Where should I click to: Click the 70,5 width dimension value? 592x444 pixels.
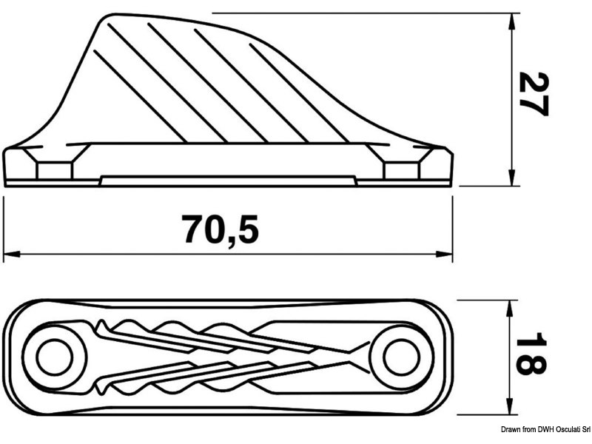[221, 229]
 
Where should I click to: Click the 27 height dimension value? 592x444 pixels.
[532, 94]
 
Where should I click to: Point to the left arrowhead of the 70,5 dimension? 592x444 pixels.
[9, 254]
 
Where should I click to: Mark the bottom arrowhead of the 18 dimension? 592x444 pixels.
[510, 408]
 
